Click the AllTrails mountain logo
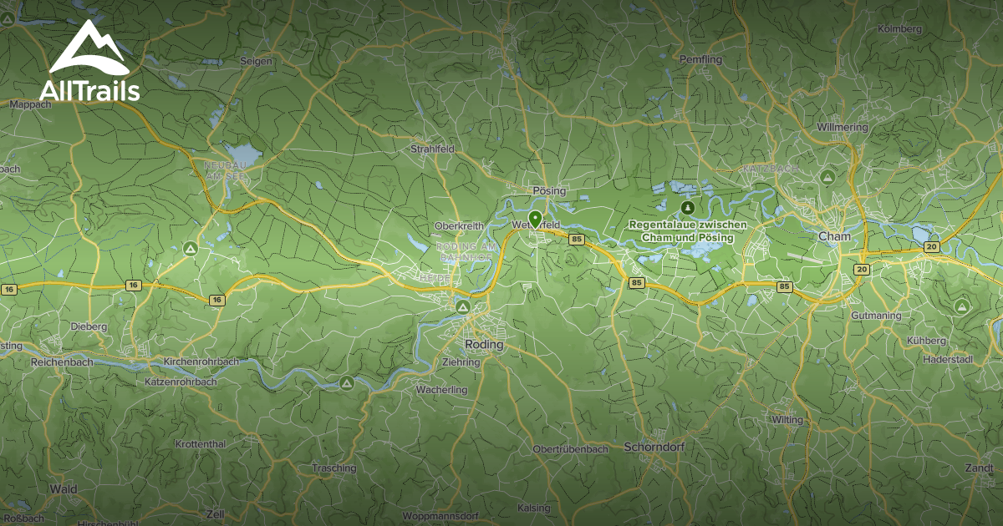88,48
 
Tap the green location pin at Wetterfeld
535,219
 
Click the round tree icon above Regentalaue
687,206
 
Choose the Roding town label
484,344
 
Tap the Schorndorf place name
654,447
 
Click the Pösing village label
548,190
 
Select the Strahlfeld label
431,149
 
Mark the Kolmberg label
899,28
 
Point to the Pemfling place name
700,60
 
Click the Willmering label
843,128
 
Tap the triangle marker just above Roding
462,307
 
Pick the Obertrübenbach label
570,449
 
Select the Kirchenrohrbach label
201,362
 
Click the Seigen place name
256,62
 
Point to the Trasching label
333,468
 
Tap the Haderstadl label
948,359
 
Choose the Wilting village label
787,419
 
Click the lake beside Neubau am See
243,154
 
